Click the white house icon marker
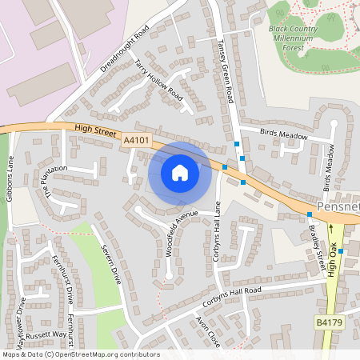[180, 172]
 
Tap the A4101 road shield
[136, 140]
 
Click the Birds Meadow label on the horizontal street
[284, 136]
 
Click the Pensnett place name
[340, 207]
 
